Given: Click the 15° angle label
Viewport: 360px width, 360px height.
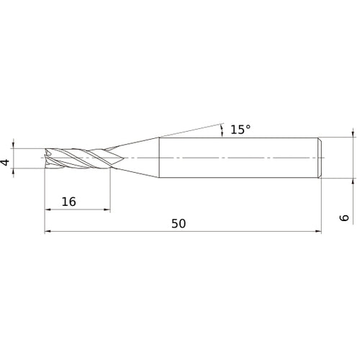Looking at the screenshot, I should coord(240,130).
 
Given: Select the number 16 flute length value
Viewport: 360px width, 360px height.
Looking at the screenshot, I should coord(68,202).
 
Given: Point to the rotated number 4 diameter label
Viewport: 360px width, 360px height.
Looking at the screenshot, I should coord(6,163).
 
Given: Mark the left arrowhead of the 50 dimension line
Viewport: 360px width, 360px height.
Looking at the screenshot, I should coord(48,231).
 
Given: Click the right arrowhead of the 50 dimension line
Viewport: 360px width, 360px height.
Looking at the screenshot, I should coord(317,231).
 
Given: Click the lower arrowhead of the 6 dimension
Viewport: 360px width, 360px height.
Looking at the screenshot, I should coord(353,181).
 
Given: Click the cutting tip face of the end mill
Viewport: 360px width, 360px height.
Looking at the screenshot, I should coord(46,158).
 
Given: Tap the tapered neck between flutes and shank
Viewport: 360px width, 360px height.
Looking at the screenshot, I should coord(137,157).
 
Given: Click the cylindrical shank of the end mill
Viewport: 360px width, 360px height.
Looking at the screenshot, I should coord(238,157).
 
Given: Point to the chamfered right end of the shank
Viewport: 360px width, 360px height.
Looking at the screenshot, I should coord(319,157).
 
